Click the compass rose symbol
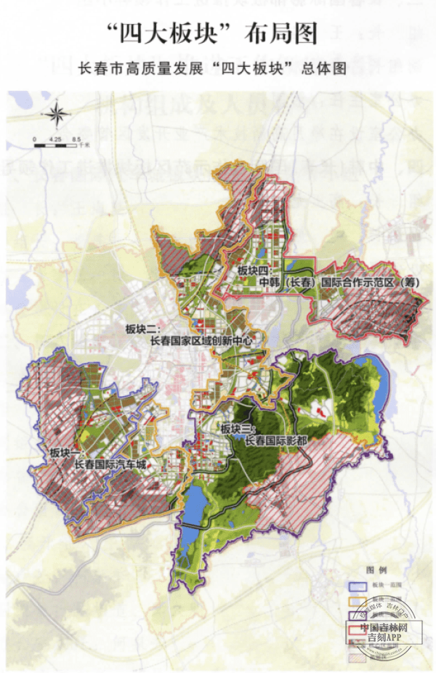pyautogui.click(x=57, y=114)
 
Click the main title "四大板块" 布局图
pyautogui.click(x=217, y=33)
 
